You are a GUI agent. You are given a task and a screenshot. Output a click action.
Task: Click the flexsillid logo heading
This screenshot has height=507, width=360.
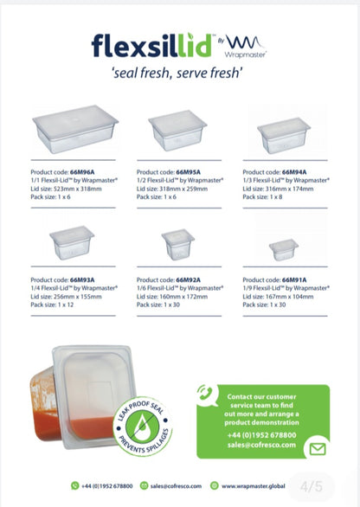[x=151, y=46]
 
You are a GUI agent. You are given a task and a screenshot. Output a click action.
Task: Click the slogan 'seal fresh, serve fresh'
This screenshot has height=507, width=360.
[x=177, y=73]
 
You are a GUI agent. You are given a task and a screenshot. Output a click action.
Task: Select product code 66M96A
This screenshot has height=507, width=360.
[x=82, y=172]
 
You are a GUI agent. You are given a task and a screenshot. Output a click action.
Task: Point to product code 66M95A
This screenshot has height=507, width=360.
[x=189, y=172]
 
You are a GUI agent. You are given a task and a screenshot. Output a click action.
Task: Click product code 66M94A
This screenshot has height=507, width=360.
[x=294, y=172]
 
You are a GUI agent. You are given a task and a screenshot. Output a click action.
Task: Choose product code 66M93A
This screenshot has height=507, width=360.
[x=82, y=280]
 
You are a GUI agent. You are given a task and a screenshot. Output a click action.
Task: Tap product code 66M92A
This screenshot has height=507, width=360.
[x=189, y=280]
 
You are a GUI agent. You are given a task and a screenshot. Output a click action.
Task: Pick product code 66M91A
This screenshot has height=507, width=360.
[x=294, y=280]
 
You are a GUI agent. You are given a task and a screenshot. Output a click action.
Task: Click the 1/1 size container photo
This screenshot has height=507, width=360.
[x=75, y=129]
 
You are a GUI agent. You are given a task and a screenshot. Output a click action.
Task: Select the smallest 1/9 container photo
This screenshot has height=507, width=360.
[x=284, y=250]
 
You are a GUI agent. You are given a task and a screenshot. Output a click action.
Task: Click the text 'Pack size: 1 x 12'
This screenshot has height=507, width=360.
[x=52, y=305]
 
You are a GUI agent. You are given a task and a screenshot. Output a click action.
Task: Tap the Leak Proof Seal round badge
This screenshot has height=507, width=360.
[x=142, y=427]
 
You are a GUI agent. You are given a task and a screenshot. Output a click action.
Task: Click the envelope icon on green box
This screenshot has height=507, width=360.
[x=318, y=449]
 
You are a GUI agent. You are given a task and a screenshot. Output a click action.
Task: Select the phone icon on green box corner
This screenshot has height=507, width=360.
[x=205, y=393]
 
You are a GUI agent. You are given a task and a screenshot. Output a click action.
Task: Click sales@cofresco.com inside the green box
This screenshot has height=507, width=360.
[x=261, y=445]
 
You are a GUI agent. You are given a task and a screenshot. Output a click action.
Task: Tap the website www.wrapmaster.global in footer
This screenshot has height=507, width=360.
[x=254, y=486]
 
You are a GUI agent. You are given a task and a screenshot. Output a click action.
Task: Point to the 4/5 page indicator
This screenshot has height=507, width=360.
[x=312, y=486]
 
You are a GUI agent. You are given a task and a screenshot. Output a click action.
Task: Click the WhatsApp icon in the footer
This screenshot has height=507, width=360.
[x=75, y=485]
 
